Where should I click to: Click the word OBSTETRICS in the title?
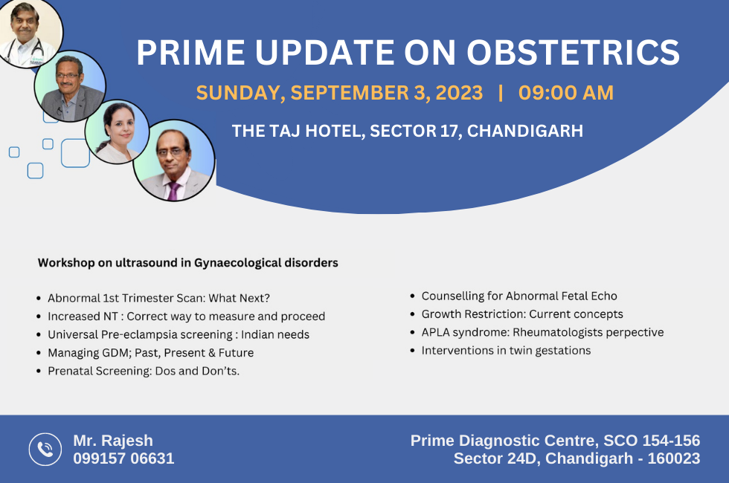pyautogui.click(x=573, y=52)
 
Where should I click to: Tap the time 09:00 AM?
pyautogui.click(x=566, y=92)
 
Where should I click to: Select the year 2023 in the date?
pyautogui.click(x=459, y=92)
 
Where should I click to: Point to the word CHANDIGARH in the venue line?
pyautogui.click(x=525, y=131)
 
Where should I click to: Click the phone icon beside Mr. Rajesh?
pyautogui.click(x=45, y=449)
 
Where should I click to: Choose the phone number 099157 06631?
pyautogui.click(x=123, y=458)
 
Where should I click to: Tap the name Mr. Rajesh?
pyautogui.click(x=113, y=440)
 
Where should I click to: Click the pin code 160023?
pyautogui.click(x=674, y=458)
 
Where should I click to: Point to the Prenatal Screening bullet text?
pyautogui.click(x=144, y=371)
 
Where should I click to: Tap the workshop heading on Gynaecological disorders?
pyautogui.click(x=187, y=263)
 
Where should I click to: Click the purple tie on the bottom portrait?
pyautogui.click(x=173, y=191)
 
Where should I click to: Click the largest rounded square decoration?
pyautogui.click(x=75, y=153)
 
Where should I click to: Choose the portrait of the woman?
pyautogui.click(x=118, y=132)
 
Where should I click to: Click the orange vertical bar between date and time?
pyautogui.click(x=501, y=92)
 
